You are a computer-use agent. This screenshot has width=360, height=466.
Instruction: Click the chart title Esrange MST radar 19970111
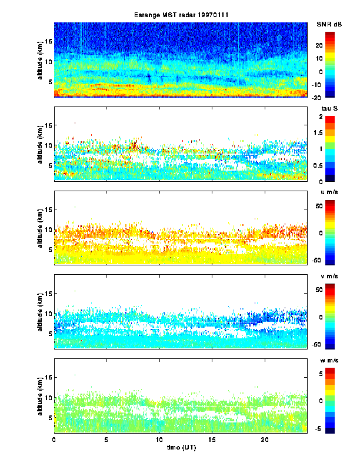coord(180,15)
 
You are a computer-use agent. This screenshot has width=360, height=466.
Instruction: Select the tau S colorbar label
coord(328,109)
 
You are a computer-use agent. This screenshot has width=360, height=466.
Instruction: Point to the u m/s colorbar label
coord(328,192)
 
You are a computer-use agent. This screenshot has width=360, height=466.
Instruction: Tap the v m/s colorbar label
coord(328,277)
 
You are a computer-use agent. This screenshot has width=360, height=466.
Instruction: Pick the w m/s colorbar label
coord(328,360)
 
